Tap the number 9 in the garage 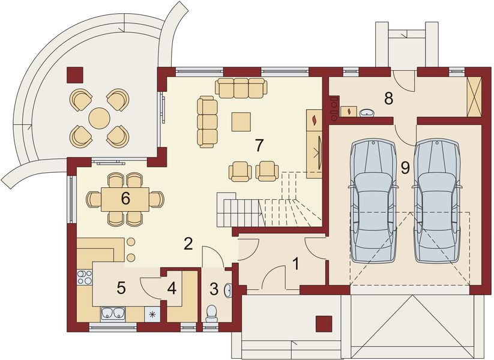tap(405, 169)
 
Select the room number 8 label tap(388, 98)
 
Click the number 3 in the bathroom tap(214, 289)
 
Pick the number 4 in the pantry tap(172, 289)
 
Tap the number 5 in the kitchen tap(121, 289)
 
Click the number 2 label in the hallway tap(188, 244)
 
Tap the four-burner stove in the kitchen tap(85, 278)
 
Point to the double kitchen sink tap(112, 313)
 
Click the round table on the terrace tap(100, 118)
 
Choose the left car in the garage tap(373, 201)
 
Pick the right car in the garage tap(438, 201)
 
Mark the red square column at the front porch tap(324, 323)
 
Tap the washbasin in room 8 tap(367, 112)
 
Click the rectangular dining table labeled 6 tap(125, 199)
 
